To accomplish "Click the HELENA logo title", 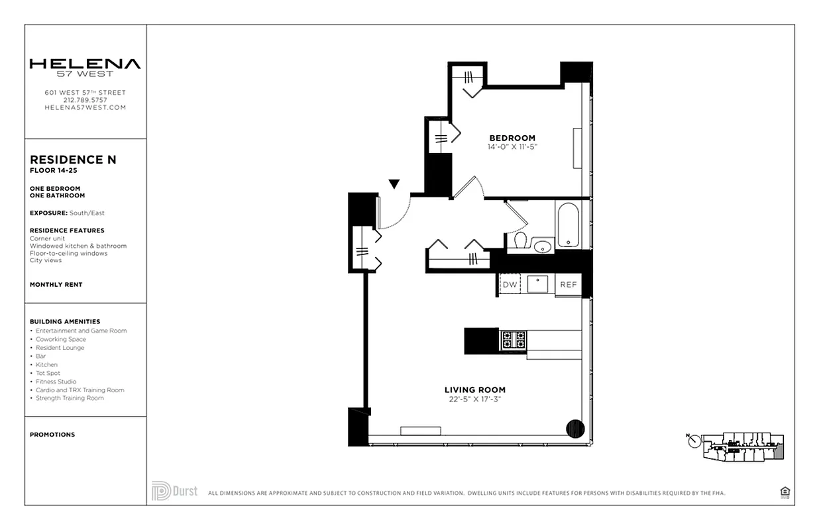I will pos(85,64).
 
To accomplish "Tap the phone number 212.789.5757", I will pos(85,100).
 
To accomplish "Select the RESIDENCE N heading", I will pos(73,160).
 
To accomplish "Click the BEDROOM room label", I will pos(512,138).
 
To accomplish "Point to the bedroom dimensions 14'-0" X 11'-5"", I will pos(512,146).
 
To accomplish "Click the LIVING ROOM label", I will pos(474,390).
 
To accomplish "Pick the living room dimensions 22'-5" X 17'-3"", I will pos(474,399).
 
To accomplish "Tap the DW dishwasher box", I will pos(510,284).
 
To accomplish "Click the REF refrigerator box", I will pos(568,284).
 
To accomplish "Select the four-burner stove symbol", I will pos(513,341).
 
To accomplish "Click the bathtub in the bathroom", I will pos(568,225).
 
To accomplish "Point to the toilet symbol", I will pos(519,240).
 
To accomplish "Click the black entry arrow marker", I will pos(394,184).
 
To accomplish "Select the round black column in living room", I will pos(575,429).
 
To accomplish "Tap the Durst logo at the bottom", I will pos(174,491).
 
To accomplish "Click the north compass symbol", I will pos(694,440).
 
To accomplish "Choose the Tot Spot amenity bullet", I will pos(48,373).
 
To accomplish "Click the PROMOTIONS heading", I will pos(52,435).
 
